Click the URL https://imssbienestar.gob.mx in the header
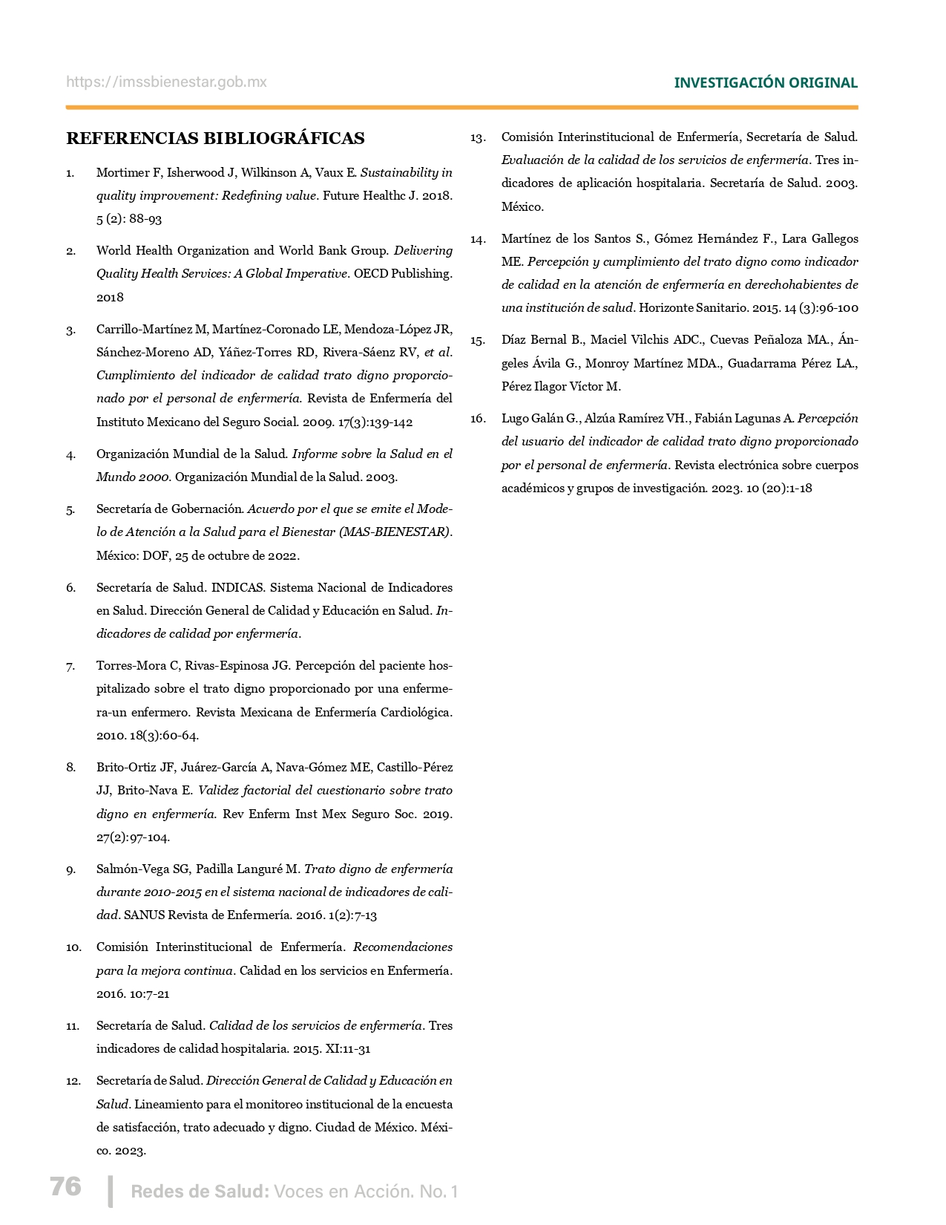click(x=166, y=82)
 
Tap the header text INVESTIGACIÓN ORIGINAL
click(x=765, y=83)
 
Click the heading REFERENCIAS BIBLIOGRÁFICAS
click(x=215, y=139)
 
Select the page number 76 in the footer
click(x=65, y=1186)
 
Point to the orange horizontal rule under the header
click(x=461, y=108)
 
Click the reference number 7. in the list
click(x=70, y=667)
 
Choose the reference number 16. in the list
click(x=478, y=419)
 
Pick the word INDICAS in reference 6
click(x=237, y=588)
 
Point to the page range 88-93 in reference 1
click(x=145, y=220)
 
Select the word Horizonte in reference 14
click(x=666, y=308)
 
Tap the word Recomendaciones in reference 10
click(x=403, y=947)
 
